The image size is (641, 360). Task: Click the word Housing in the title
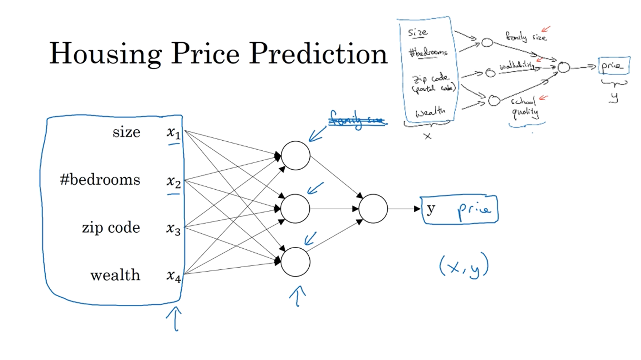pyautogui.click(x=105, y=54)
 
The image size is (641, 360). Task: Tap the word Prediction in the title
pyautogui.click(x=318, y=53)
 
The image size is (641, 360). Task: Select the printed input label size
pyautogui.click(x=126, y=132)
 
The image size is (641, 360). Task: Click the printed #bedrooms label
pyautogui.click(x=100, y=180)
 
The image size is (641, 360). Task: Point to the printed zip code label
pyautogui.click(x=111, y=228)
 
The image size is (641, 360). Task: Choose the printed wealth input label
pyautogui.click(x=115, y=275)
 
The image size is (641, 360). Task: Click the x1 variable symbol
pyautogui.click(x=173, y=132)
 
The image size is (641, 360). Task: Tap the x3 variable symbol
pyautogui.click(x=173, y=228)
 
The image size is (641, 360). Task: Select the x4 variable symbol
pyautogui.click(x=173, y=276)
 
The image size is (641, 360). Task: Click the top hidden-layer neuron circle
pyautogui.click(x=296, y=156)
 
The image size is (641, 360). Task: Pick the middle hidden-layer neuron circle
pyautogui.click(x=296, y=209)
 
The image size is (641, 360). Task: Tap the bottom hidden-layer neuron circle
pyautogui.click(x=296, y=262)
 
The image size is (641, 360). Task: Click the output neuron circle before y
pyautogui.click(x=373, y=209)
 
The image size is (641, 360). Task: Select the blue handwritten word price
pyautogui.click(x=474, y=210)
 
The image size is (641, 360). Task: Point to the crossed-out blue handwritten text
pyautogui.click(x=358, y=120)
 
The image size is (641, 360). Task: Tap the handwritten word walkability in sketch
pyautogui.click(x=517, y=66)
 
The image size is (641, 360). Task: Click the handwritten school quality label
pyautogui.click(x=524, y=107)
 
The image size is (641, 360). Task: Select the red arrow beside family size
pyautogui.click(x=546, y=29)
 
